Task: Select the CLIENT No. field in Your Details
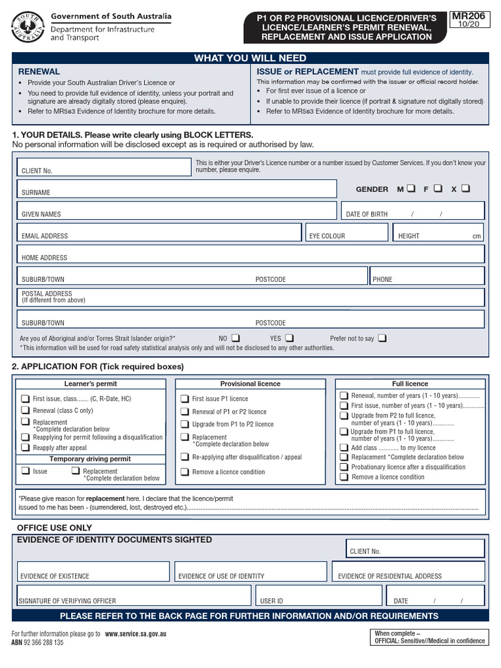pos(103,166)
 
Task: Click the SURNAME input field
pos(176,189)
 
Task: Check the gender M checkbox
pos(410,189)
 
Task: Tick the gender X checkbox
pos(465,189)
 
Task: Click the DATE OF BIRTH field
pos(413,211)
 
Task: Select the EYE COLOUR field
pos(347,232)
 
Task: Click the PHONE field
pos(427,276)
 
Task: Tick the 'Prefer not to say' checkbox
pos(382,338)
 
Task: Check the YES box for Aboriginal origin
pos(290,338)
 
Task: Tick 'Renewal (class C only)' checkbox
pos(25,410)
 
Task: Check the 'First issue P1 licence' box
pos(185,398)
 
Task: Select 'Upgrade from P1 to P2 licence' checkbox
pos(185,424)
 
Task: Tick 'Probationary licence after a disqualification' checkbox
pos(343,467)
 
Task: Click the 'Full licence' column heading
pos(410,384)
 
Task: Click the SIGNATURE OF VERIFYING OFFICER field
pos(134,595)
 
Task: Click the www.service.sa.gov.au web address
pos(135,633)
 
